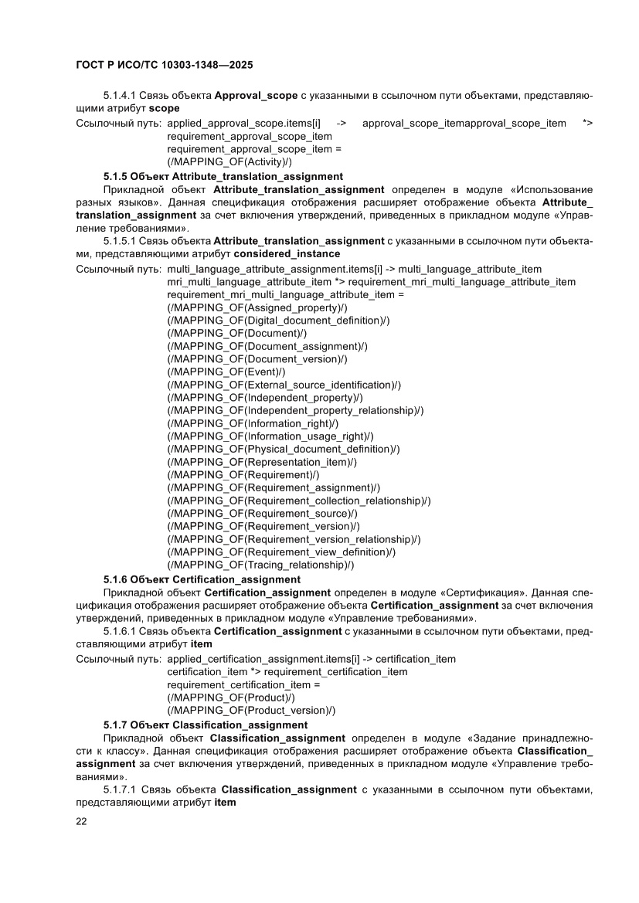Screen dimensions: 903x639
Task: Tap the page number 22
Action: pyautogui.click(x=81, y=821)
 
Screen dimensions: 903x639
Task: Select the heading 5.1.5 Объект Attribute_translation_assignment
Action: pyautogui.click(x=223, y=176)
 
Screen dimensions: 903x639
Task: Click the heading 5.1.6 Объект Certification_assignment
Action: pyautogui.click(x=202, y=579)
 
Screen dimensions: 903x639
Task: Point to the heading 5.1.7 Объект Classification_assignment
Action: pyautogui.click(x=205, y=725)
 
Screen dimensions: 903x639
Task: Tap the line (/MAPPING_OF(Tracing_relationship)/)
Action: pyautogui.click(x=260, y=565)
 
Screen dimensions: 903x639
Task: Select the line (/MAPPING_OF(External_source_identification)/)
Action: pyautogui.click(x=284, y=385)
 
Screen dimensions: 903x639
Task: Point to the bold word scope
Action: pyautogui.click(x=164, y=108)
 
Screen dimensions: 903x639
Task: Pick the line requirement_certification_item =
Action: pyautogui.click(x=243, y=684)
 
